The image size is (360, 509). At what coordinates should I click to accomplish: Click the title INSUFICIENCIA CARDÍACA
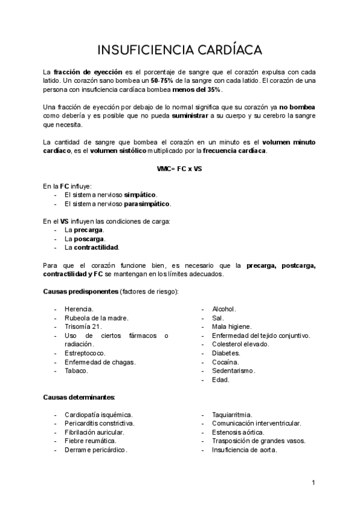179,49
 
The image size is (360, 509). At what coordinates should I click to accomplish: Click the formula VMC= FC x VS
179,169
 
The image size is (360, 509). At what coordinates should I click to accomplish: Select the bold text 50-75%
163,80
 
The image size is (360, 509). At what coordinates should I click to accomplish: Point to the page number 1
313,483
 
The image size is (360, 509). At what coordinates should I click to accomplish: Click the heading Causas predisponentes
80,292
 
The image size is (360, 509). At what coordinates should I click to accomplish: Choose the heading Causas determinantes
79,397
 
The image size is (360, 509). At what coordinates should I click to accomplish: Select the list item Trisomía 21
83,327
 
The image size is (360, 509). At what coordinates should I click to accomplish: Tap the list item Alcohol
224,309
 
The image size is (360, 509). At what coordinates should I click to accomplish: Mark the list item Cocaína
226,362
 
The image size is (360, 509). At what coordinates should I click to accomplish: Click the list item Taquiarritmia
232,415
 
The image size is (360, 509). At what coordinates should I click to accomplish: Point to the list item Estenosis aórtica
238,432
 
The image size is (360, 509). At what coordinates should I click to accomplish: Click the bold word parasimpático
148,203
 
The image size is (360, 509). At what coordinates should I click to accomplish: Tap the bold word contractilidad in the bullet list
97,247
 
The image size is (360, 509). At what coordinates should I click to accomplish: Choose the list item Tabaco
77,371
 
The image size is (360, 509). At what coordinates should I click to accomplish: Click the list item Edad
220,380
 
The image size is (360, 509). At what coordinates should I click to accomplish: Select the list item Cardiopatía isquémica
98,415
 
